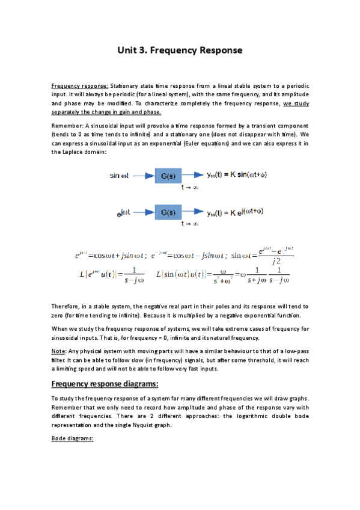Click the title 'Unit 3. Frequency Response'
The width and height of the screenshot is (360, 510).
180,51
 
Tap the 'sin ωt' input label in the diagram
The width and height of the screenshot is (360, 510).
120,176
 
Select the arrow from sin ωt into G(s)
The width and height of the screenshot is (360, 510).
143,176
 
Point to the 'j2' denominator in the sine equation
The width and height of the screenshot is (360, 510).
276,260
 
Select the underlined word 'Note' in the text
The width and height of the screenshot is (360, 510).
59,351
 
